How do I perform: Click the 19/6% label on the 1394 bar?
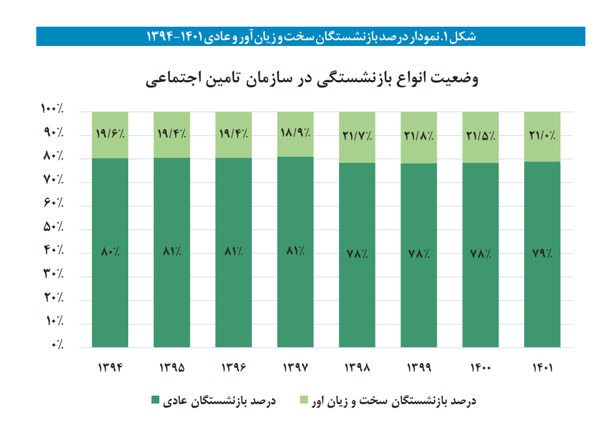(x=110, y=135)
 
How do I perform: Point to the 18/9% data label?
(x=296, y=134)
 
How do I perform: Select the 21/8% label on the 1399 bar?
(x=419, y=136)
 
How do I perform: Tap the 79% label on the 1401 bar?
(x=542, y=254)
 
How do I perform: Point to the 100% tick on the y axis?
(x=52, y=108)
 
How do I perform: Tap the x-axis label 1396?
(x=234, y=367)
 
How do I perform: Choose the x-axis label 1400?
(x=481, y=367)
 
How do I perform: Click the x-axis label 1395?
(x=172, y=367)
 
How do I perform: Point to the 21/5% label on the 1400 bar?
(x=481, y=136)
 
